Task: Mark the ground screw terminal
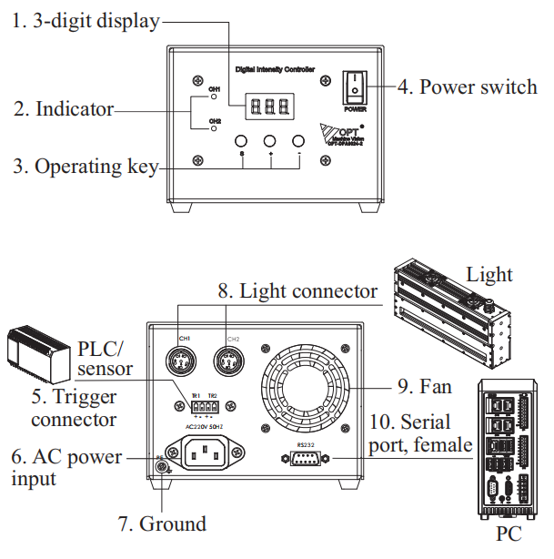click(162, 466)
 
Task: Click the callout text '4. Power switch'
click(467, 87)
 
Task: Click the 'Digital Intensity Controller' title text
click(275, 69)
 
